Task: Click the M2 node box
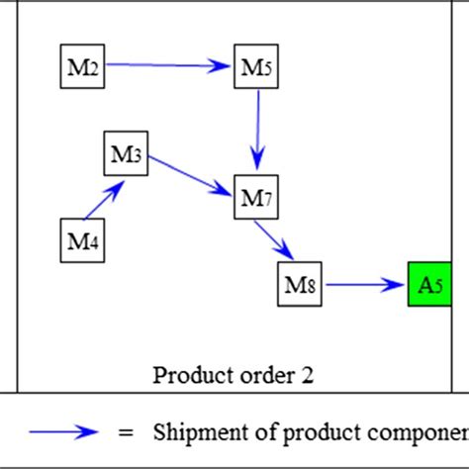(82, 66)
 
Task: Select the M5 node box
(254, 66)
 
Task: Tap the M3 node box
(127, 153)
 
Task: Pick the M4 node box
(82, 239)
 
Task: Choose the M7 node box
(255, 197)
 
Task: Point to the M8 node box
(301, 285)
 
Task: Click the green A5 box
(429, 285)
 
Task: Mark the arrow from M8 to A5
(365, 285)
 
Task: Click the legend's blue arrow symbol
(63, 431)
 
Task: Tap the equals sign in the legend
(125, 432)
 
